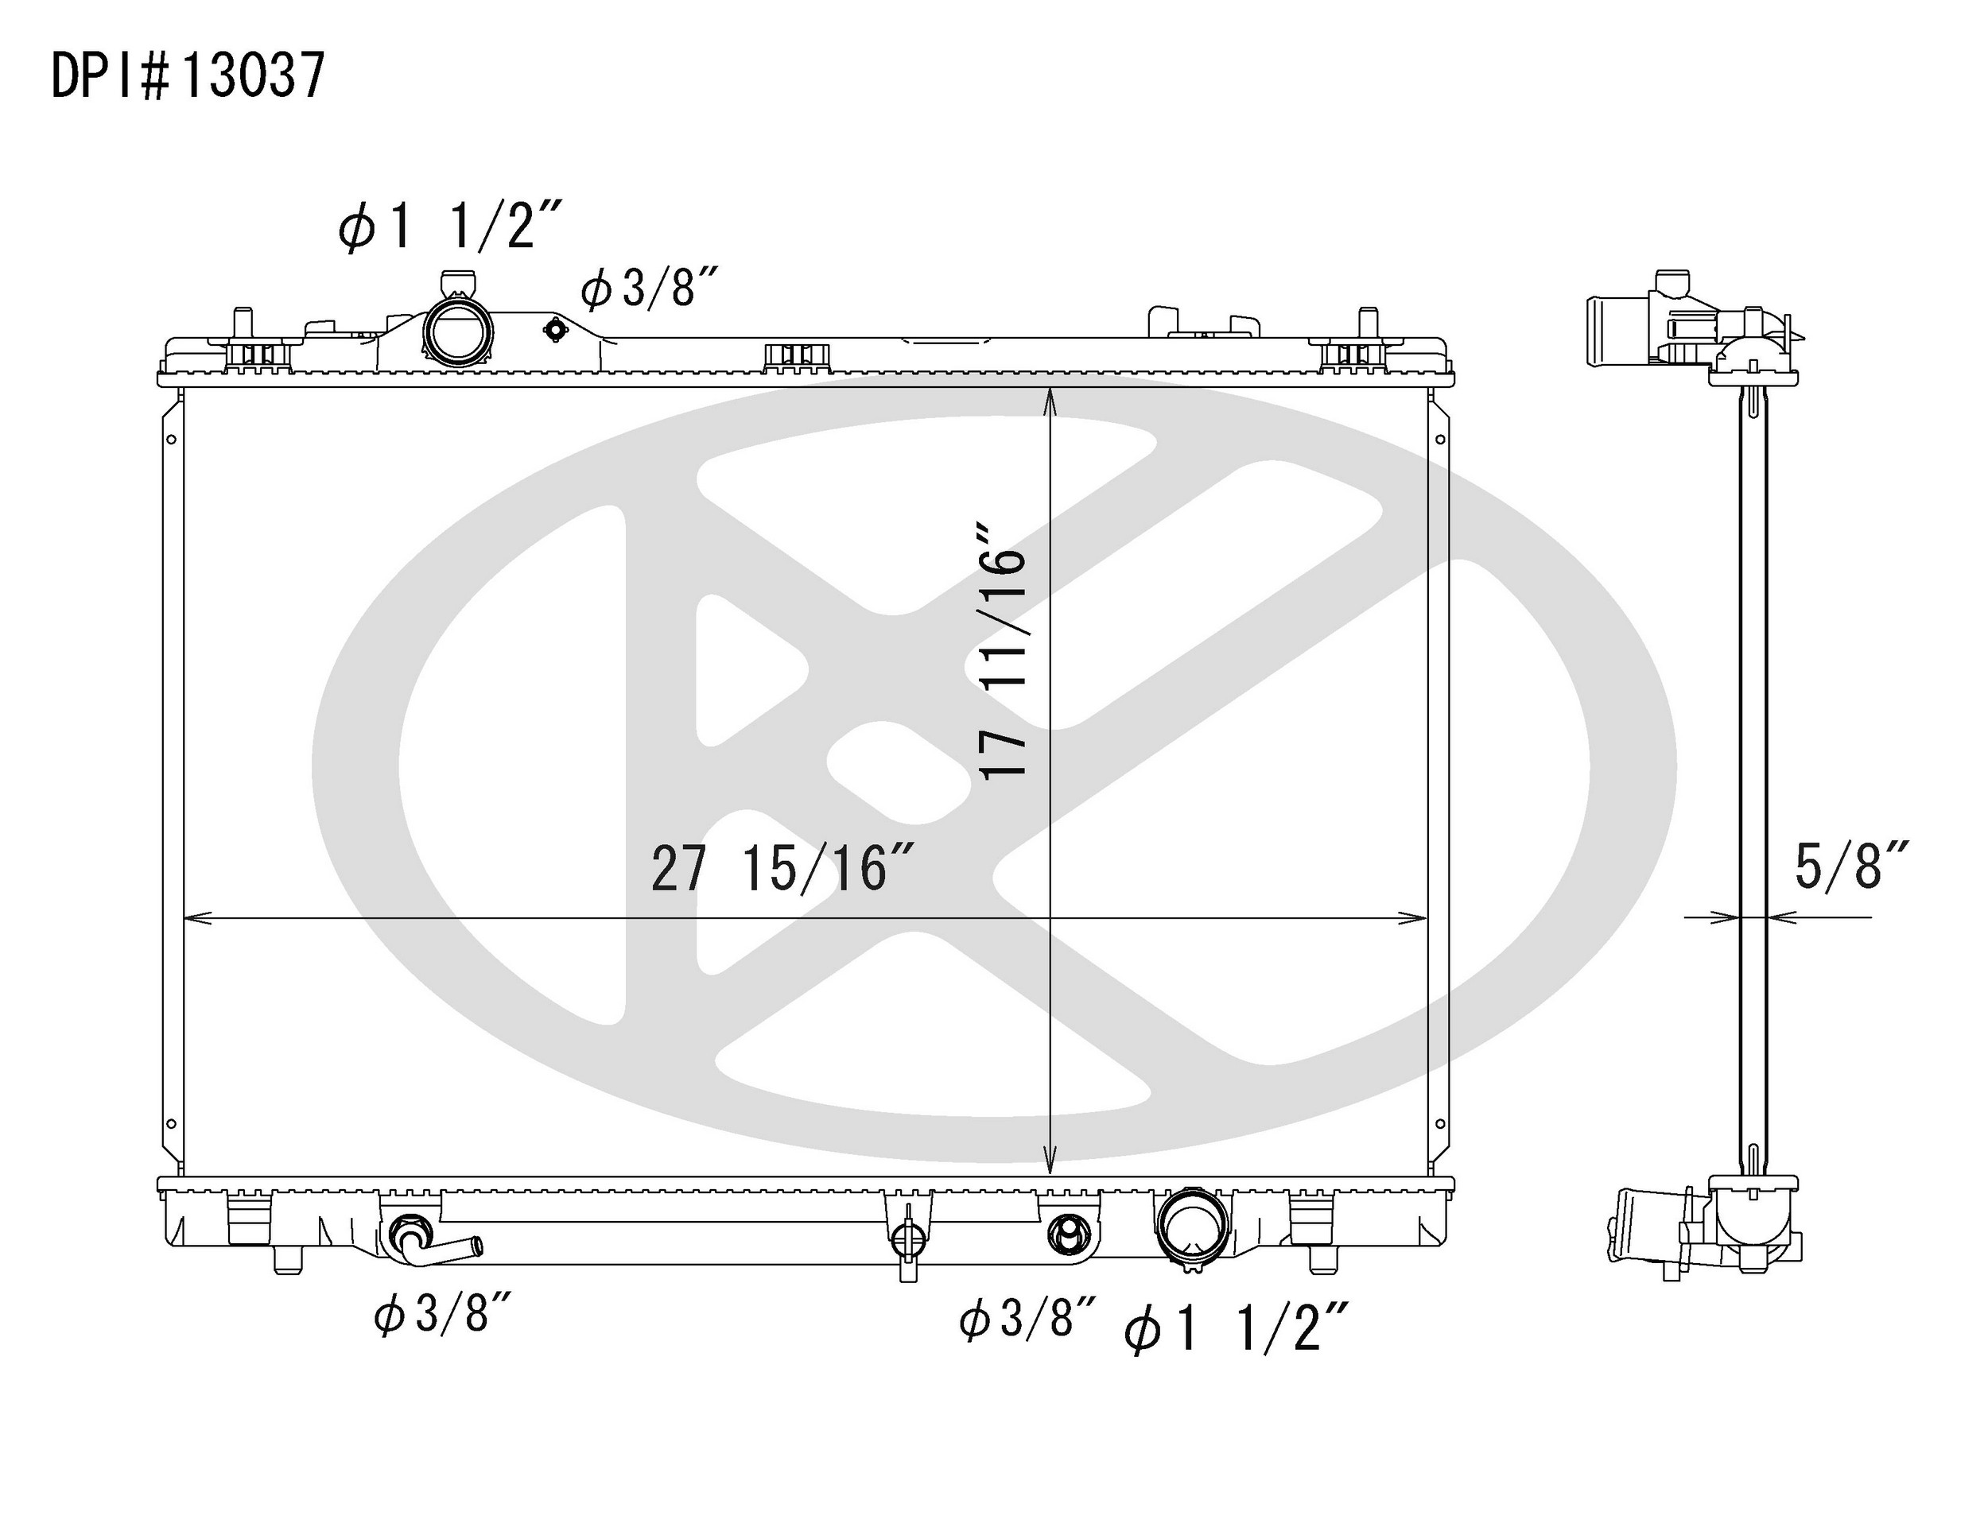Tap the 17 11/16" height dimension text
(x=1003, y=649)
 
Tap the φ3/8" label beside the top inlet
(x=650, y=289)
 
